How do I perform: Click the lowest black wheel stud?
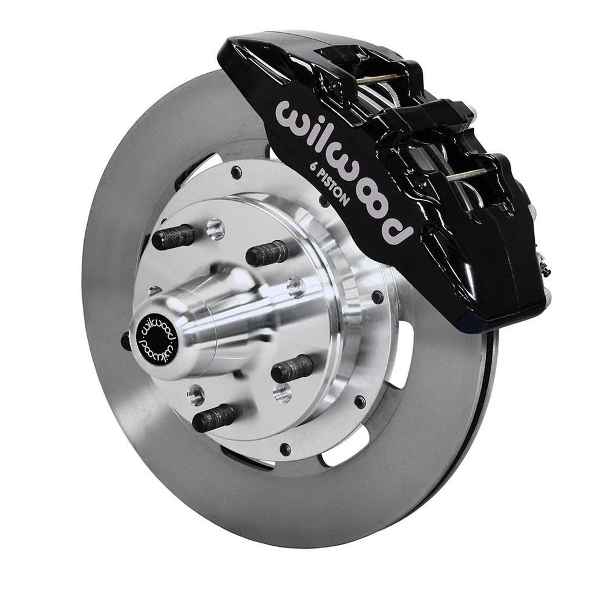click(x=214, y=416)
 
